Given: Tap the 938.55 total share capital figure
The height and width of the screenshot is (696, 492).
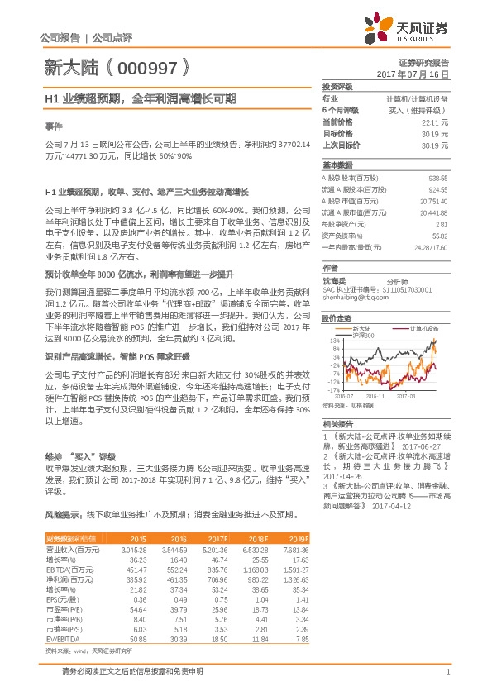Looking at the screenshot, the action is [438, 179].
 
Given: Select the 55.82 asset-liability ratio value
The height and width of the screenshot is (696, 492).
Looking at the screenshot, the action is [441, 236].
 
